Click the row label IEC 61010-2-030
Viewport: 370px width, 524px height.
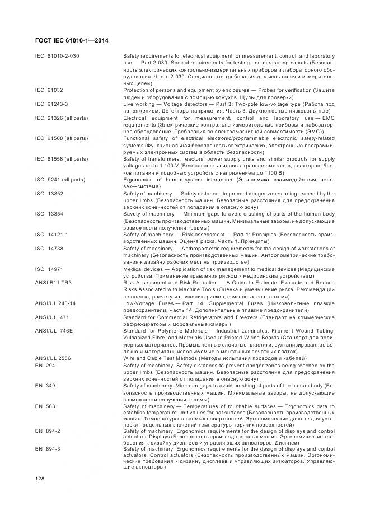pos(57,57)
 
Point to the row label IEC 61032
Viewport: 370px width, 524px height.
pos(49,89)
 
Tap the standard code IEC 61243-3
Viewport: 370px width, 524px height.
pos(51,104)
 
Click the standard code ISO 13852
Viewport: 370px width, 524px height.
pos(49,194)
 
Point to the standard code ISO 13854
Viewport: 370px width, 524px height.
pos(49,214)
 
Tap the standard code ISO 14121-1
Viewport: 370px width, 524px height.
pos(51,235)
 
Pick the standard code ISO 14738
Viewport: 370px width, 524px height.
pos(49,248)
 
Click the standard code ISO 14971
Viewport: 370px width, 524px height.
pos(49,269)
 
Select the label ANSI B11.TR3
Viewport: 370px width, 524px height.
pos(53,283)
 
